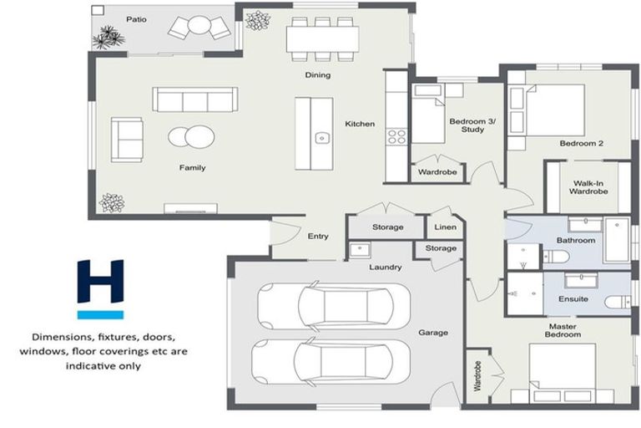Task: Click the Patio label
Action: [136, 18]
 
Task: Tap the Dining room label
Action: [317, 75]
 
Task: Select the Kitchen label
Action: [361, 125]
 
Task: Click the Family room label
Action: [192, 168]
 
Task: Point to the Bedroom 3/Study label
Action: [472, 125]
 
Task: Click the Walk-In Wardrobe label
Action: [588, 187]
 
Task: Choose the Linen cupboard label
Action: [445, 227]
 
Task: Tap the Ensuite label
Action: [573, 298]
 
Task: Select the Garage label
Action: [432, 333]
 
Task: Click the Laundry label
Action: [386, 267]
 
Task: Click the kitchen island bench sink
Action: [320, 138]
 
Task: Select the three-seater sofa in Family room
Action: [194, 100]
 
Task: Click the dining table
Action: [322, 38]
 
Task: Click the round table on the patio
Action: [199, 27]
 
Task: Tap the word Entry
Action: [318, 237]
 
